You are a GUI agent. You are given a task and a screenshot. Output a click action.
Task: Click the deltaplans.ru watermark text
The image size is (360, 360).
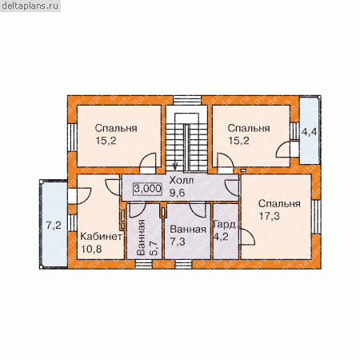point(30,6)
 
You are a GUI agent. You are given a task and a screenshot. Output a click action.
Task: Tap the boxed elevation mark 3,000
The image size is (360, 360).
point(147,189)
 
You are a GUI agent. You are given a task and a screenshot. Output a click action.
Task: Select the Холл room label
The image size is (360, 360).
point(182,181)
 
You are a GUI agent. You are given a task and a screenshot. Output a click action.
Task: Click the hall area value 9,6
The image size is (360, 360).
point(178,193)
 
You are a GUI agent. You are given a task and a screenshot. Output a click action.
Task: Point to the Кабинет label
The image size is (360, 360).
point(101,236)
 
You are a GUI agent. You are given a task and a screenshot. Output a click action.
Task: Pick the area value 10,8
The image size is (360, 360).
point(91,249)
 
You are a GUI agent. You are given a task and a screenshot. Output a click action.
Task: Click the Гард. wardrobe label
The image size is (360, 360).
point(226,225)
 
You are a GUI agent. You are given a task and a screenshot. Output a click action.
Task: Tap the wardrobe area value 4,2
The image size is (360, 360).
point(221,237)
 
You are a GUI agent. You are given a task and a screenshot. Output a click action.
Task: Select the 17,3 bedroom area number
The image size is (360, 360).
point(270,216)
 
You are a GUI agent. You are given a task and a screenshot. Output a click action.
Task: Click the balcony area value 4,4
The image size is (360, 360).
point(310,132)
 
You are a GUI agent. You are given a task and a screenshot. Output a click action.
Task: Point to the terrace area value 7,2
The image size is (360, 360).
point(54,226)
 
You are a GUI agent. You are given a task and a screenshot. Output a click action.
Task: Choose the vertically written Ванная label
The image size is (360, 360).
point(141,238)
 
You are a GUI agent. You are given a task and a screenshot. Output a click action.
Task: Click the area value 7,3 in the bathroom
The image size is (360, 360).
point(178,242)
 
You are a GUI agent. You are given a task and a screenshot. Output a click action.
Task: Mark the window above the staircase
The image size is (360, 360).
point(187,100)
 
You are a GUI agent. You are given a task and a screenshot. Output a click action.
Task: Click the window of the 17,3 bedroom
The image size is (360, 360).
point(316,217)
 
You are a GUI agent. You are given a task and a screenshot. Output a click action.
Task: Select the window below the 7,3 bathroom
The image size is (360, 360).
point(183,264)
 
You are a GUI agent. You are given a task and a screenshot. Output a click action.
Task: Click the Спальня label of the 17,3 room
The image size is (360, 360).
point(279,204)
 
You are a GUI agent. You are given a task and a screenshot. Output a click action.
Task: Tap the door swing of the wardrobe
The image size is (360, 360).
point(247,237)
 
